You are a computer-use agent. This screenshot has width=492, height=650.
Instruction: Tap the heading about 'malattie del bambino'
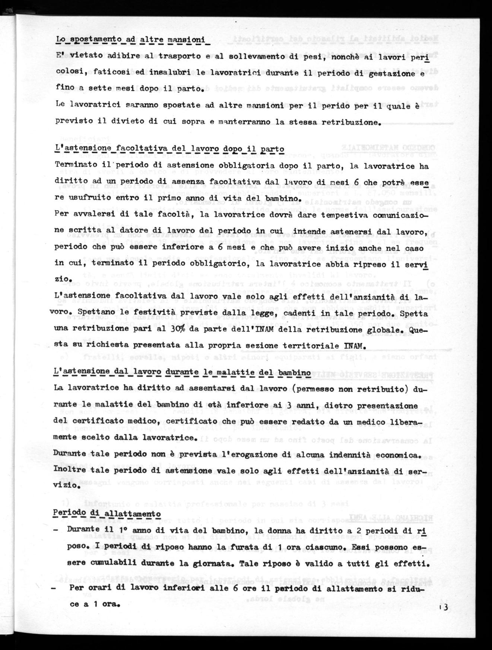pyautogui.click(x=182, y=372)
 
